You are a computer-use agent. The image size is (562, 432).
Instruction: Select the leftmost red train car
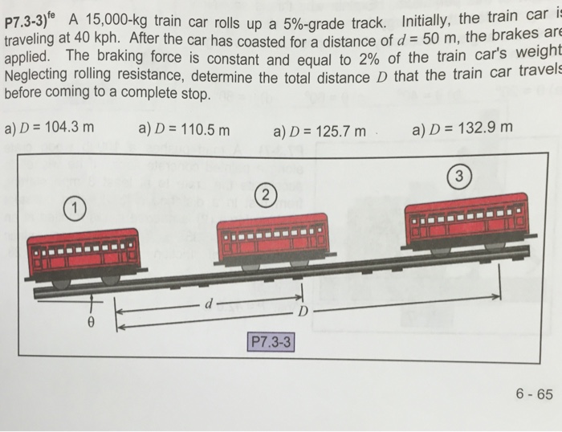83,255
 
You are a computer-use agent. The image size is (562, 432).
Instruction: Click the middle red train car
273,238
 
